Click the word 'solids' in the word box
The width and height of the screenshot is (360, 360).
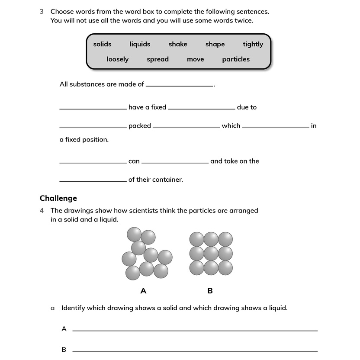tap(102, 44)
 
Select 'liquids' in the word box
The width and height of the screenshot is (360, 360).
tap(140, 44)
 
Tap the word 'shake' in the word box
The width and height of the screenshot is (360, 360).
tap(178, 44)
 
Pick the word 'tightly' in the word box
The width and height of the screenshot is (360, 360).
tap(253, 44)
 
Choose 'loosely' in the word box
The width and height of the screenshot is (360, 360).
tap(117, 59)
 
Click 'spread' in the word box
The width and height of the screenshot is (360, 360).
tap(157, 59)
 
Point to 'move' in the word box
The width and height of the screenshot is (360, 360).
tap(195, 59)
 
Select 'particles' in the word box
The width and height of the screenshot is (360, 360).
tap(236, 59)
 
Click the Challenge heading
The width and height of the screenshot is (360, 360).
tap(58, 198)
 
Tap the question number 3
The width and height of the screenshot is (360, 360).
tap(42, 12)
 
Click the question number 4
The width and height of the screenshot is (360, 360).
tap(42, 211)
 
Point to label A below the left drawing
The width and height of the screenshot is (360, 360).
tap(143, 291)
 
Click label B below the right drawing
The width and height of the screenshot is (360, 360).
tap(210, 291)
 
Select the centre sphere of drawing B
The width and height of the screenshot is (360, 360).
tap(211, 254)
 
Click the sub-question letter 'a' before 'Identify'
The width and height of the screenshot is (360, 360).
tap(53, 308)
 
